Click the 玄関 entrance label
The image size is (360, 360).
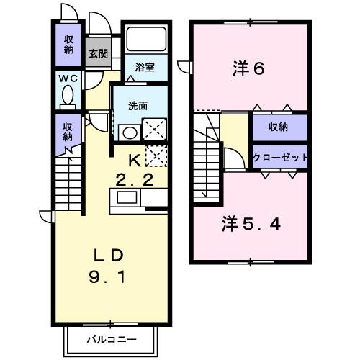coord(98,53)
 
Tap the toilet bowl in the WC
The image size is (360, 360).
coord(68,94)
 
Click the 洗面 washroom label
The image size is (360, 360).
coord(138,106)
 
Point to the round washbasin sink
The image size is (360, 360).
coord(130,132)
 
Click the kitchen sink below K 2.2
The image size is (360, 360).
coord(127,197)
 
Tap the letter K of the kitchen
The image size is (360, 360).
coord(135,161)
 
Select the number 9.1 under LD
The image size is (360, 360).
coord(107,276)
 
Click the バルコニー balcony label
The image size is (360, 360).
coord(112,339)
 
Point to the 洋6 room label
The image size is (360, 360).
coord(248,68)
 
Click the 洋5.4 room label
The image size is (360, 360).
coord(251,224)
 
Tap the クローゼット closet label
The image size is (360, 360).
coord(280,158)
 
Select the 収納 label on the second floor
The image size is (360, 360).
coord(278,127)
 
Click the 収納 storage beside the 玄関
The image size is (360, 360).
coord(68,45)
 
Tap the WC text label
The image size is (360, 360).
coord(68,78)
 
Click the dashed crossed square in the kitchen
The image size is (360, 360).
coord(156,156)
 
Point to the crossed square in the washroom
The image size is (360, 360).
coord(155,129)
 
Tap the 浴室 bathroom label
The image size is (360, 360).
coord(145,67)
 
